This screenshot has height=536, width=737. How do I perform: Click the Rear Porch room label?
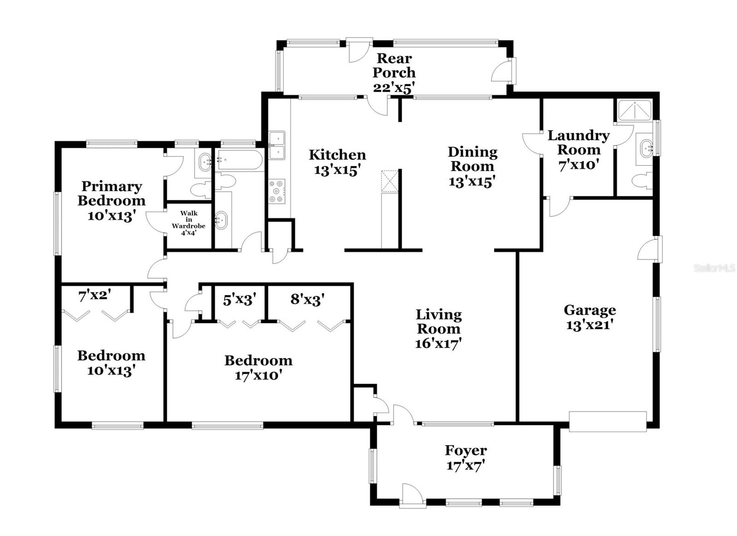[394, 65]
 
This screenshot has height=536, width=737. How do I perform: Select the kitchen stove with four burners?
[277, 191]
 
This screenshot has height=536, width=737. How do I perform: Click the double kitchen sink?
[277, 145]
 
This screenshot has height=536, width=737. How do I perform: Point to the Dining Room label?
[473, 159]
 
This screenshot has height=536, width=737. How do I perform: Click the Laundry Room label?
[579, 142]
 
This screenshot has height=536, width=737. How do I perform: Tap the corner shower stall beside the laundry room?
[635, 111]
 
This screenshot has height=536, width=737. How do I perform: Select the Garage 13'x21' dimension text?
[589, 325]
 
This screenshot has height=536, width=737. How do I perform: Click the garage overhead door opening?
[608, 421]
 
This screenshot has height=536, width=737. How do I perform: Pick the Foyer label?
[466, 450]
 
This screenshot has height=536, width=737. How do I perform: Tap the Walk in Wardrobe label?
[188, 219]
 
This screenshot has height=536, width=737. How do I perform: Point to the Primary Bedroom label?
[111, 193]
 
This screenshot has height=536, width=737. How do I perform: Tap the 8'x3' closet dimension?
[308, 300]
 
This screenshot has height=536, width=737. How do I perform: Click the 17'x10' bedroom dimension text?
[258, 375]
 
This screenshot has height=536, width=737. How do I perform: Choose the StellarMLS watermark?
[714, 268]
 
